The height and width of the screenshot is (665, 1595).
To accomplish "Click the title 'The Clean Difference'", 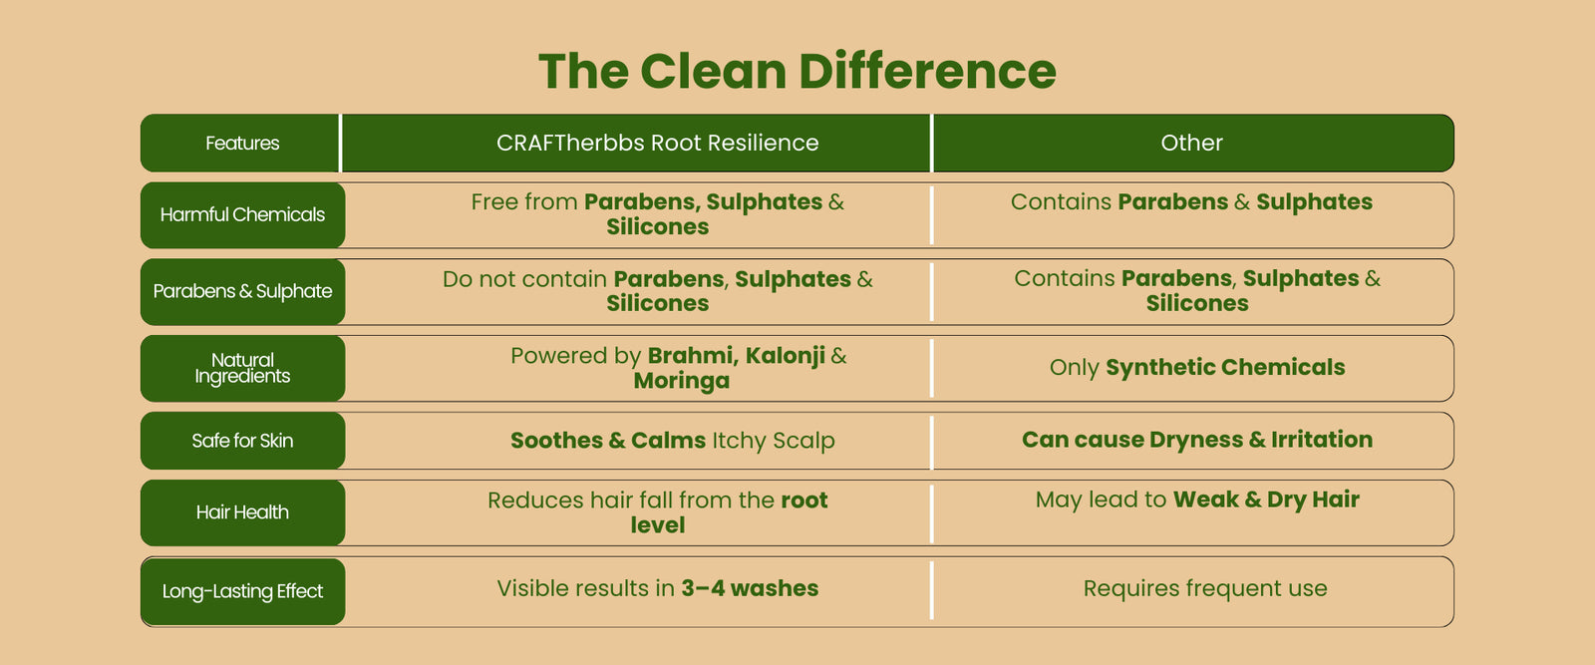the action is coord(797,71).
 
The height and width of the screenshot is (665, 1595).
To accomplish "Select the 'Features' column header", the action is coord(242,144).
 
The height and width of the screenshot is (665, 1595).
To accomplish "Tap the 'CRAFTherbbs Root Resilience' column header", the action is coord(657,144).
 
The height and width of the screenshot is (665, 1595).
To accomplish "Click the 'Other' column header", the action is coord(1191,144).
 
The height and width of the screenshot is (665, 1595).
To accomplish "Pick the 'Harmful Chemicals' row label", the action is coord(242,215).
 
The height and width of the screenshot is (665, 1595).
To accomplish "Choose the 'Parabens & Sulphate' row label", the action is coord(242,292).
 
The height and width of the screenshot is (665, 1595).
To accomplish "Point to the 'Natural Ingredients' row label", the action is coord(242,368).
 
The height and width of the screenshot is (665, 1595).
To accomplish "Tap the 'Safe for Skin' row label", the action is coord(242,441).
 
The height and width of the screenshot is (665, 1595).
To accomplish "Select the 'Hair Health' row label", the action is coord(242,512).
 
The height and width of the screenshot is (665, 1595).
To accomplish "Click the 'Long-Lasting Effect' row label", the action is coord(242,591).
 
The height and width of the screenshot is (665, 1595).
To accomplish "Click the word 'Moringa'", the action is coord(682,382).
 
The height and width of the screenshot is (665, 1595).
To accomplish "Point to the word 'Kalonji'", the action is coord(786,355).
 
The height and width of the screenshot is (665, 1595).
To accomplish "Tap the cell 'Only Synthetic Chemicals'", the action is coord(1197,367).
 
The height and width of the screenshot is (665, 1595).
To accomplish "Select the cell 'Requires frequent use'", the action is coord(1205,589).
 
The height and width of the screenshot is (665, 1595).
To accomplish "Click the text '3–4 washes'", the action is coord(750,589).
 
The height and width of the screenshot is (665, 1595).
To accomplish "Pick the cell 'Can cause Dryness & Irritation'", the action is coord(1197,440).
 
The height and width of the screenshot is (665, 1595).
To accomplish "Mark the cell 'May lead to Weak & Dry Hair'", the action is coord(1197,499).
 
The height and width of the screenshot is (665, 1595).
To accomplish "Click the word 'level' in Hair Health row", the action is coord(657,525).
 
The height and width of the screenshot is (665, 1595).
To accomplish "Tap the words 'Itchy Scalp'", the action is coord(774,442).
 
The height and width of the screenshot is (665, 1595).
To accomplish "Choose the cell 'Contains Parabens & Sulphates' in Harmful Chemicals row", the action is coord(1191,202).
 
